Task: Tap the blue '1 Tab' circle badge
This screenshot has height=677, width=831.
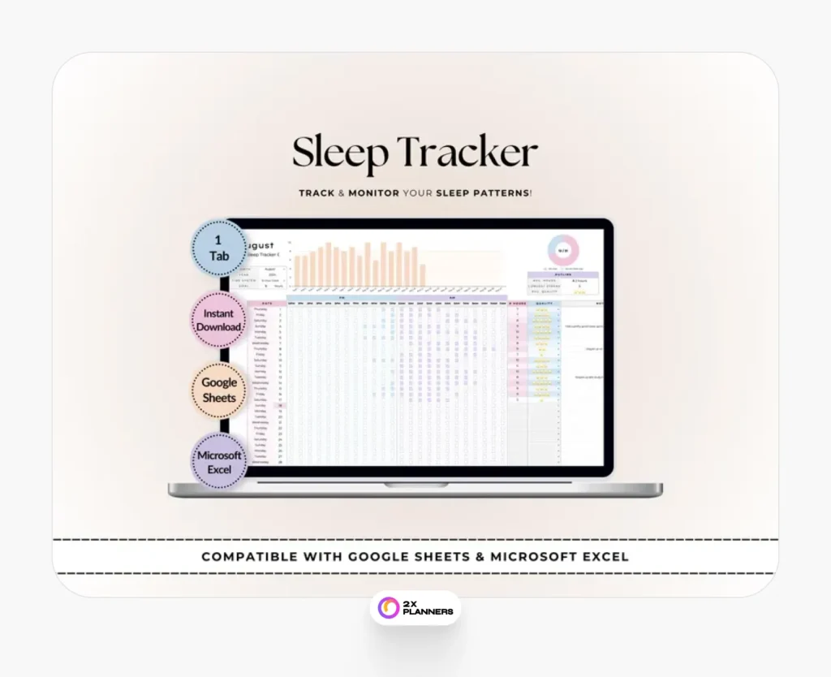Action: click(x=219, y=248)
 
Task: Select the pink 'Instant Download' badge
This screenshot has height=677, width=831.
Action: click(x=218, y=320)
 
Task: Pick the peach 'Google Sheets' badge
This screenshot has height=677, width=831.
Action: click(x=219, y=390)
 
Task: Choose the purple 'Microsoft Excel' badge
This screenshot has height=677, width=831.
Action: click(x=219, y=462)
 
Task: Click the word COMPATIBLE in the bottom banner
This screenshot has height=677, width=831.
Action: click(x=252, y=557)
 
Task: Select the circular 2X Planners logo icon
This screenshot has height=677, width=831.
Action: click(x=389, y=607)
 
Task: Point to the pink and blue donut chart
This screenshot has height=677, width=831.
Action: click(x=562, y=250)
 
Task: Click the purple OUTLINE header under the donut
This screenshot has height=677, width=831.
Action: click(x=563, y=274)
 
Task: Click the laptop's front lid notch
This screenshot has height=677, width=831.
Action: click(x=414, y=485)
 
